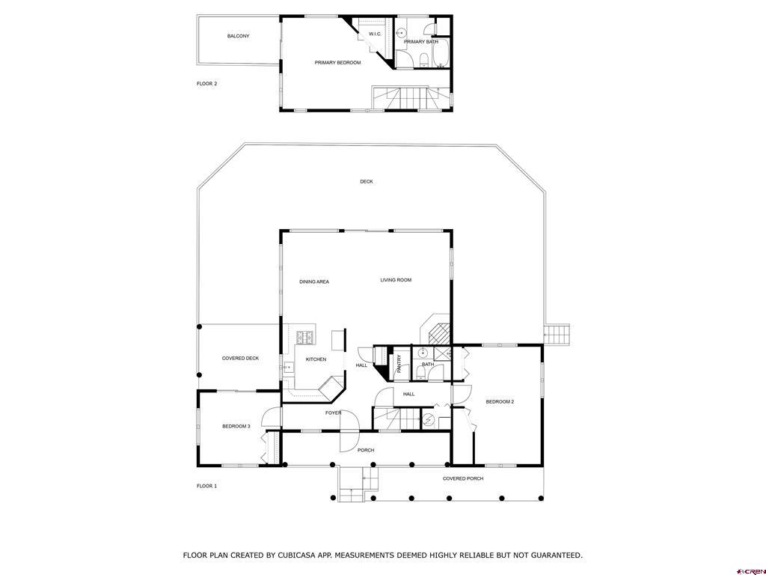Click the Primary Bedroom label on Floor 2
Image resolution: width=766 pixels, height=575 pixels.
pos(337,63)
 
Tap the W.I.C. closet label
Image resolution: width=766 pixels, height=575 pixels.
pos(375,34)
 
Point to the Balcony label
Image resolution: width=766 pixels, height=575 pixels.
pos(238,36)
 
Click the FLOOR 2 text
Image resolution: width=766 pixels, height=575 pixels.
pos(206,84)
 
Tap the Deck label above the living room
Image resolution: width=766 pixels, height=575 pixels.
pos(366,182)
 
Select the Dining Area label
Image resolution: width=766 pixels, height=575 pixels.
pos(314,282)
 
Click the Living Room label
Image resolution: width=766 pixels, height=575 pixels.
pos(396,280)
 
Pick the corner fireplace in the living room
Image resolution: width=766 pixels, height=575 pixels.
pos(437,328)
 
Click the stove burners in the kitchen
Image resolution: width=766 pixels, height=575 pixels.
pos(305,337)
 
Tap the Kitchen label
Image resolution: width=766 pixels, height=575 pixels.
pos(316,359)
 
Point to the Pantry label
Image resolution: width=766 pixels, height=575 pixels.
pos(399,364)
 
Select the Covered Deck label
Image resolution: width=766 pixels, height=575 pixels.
pos(240,359)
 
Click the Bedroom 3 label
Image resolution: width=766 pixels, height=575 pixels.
pos(236,427)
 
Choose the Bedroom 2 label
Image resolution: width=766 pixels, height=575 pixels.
pos(500,402)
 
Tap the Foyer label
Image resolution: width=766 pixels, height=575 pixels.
pos(333,413)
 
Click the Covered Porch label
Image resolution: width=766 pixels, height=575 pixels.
pos(463,478)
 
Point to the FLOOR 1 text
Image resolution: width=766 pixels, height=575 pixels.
pos(206,486)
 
